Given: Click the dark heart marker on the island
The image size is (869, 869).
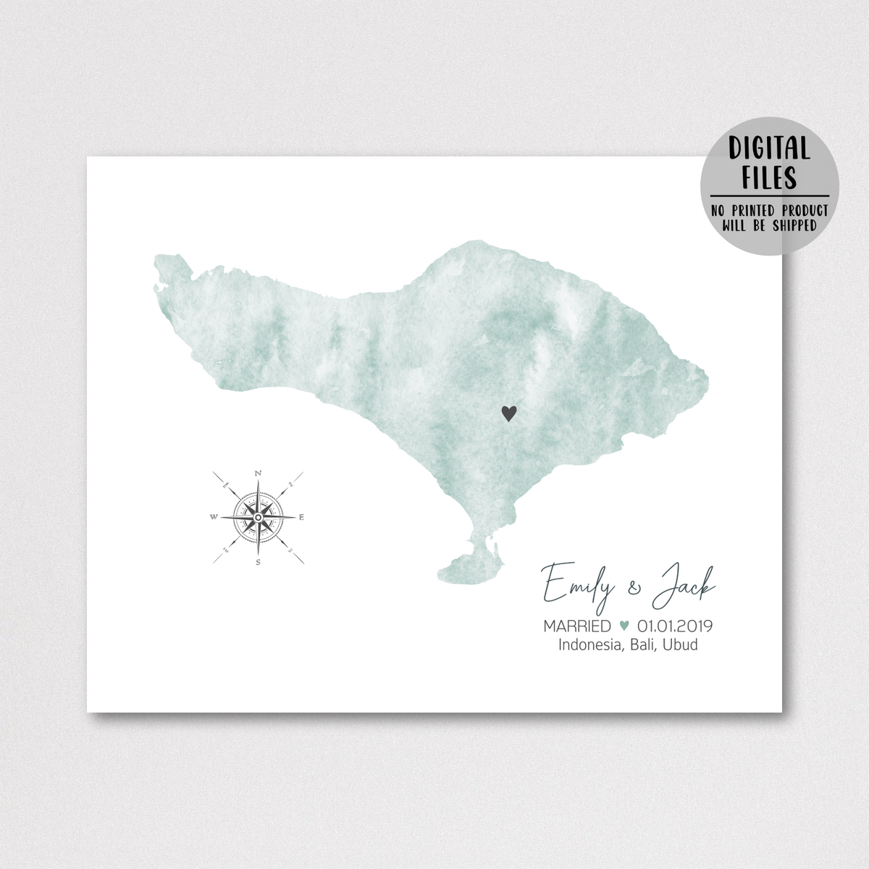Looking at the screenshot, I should click(x=510, y=413).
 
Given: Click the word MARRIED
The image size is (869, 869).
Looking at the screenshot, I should click(x=577, y=626).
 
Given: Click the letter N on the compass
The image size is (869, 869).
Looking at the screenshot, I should click(x=259, y=474).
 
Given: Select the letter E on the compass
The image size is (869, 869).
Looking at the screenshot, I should click(x=302, y=517).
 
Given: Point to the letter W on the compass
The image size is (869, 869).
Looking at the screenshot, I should click(x=213, y=517).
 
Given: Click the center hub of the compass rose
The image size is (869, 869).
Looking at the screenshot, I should click(x=258, y=517).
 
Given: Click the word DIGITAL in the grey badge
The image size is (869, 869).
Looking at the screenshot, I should click(x=769, y=149).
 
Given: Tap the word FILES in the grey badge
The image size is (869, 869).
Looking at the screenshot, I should click(x=769, y=177).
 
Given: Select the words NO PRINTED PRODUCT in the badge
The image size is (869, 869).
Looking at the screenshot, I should click(x=769, y=211).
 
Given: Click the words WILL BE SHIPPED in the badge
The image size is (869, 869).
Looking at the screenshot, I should click(x=769, y=225).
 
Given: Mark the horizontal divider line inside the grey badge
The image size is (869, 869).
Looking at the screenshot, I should click(x=769, y=196).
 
